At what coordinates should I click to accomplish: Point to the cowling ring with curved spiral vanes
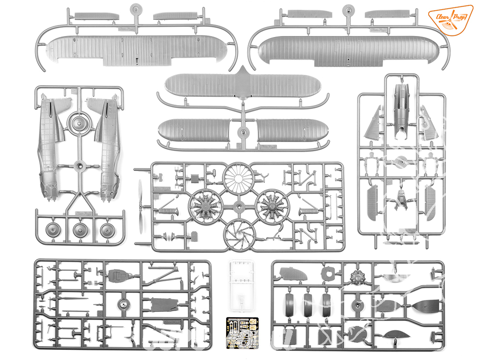pos(240,234)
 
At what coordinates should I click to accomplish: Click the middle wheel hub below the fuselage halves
pos(81,232)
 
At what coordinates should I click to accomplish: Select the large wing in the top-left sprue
pos(137,49)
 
